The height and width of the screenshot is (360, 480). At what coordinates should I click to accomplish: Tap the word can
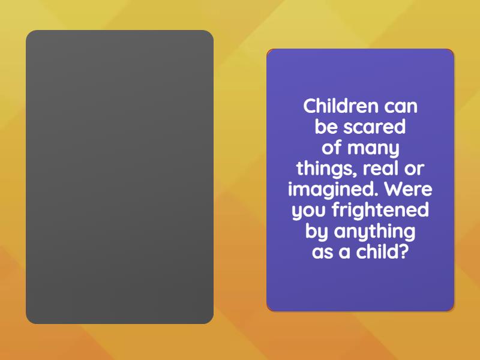click(x=400, y=107)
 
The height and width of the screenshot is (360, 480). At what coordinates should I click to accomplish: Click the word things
click(x=323, y=169)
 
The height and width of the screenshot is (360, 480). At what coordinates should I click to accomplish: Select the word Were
click(x=408, y=190)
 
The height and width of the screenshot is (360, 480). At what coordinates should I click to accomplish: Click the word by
click(x=316, y=232)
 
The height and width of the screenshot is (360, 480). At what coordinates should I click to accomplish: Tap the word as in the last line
click(x=322, y=252)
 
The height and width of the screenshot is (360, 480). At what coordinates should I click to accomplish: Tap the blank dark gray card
click(x=119, y=177)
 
